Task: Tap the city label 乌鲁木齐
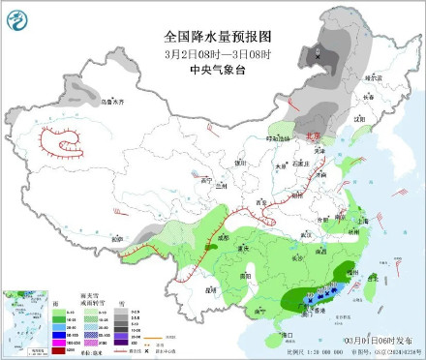point(87,100)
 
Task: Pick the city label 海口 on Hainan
point(285,333)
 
